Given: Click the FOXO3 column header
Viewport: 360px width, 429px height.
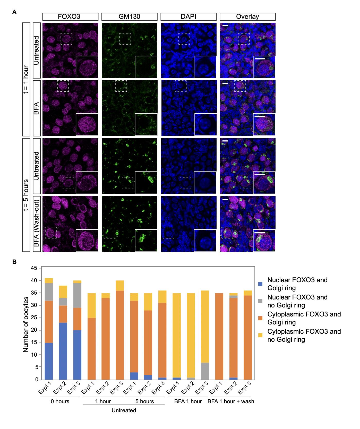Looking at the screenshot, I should pos(70,17).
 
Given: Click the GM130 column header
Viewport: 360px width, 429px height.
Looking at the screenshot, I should pos(129,17).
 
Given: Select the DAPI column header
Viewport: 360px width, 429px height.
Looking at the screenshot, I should pos(188,17).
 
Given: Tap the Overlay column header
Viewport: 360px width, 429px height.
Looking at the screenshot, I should pos(247,17).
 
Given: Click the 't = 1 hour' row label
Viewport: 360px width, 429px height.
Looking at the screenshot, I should pos(26,79).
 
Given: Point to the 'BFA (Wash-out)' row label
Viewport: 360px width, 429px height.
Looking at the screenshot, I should pos(37,224).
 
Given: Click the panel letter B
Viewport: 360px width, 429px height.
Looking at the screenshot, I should pos(15,262).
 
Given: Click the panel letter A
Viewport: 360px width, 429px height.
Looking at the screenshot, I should pos(15,12).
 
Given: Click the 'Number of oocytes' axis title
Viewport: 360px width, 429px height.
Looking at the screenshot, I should pos(26,324).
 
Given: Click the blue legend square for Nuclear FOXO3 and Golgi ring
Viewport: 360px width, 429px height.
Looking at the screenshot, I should pos(260,284).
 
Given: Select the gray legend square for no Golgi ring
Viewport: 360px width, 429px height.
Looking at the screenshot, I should pos(260,301).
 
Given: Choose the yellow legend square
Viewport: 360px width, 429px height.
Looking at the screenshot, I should pos(260,335).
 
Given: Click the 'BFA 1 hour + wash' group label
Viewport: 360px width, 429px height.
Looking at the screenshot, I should pos(231,401).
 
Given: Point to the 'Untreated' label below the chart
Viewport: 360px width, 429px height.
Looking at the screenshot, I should pos(124,410).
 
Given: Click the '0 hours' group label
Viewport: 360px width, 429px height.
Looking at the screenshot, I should pos(60,401).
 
